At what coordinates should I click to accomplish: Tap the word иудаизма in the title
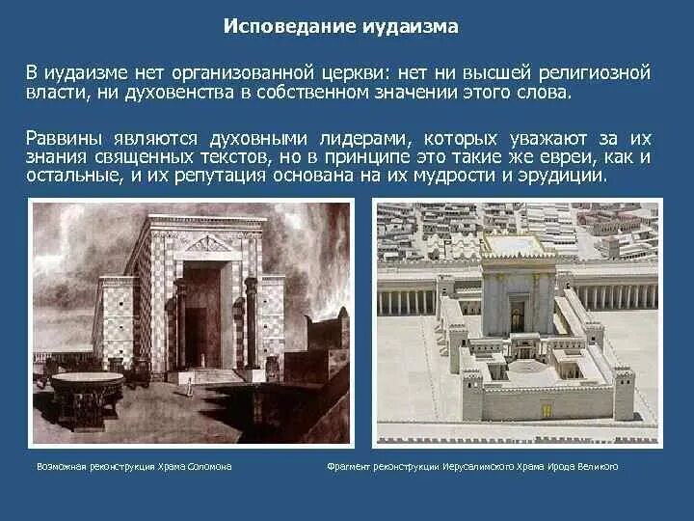coord(410,26)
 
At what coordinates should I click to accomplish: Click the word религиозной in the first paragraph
coord(593,72)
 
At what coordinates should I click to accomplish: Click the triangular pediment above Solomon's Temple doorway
coord(207,243)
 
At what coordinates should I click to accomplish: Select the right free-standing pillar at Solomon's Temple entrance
coord(251,323)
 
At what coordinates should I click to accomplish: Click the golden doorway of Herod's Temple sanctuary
coord(517,315)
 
